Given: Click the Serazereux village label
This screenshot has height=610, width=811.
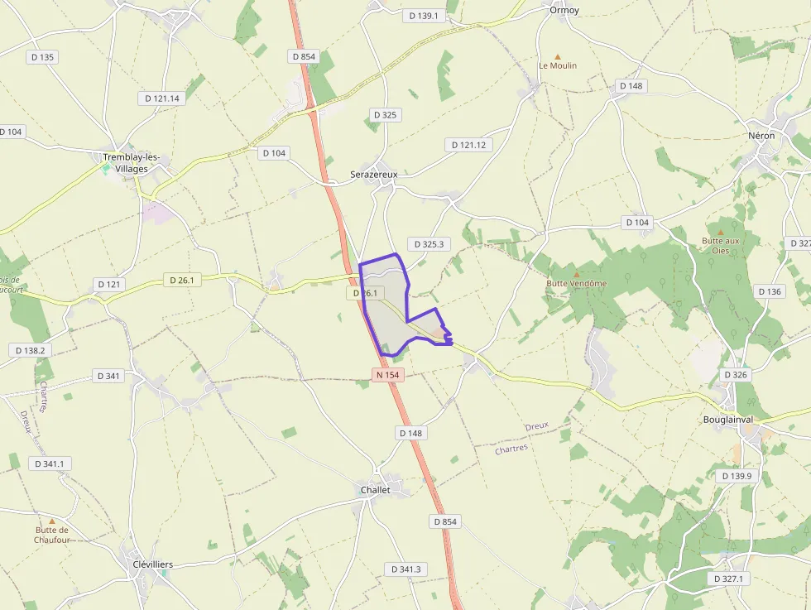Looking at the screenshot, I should [x=374, y=175].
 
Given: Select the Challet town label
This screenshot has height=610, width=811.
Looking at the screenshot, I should [x=375, y=490].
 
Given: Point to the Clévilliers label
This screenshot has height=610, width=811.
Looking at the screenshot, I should [x=153, y=564].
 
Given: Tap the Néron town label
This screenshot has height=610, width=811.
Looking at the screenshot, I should [x=761, y=135].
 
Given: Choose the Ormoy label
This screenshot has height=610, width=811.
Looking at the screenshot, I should [x=564, y=10].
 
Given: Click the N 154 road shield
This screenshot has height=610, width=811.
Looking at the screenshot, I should [x=387, y=375].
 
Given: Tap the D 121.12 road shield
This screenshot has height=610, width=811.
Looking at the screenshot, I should [x=469, y=145].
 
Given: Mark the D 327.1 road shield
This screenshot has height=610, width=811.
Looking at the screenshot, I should [x=727, y=579].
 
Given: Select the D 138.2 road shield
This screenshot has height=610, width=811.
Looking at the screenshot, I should [x=31, y=350].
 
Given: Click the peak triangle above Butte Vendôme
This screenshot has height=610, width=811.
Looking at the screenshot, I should [x=577, y=273].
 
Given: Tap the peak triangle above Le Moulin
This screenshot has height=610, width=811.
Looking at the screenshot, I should [x=558, y=55].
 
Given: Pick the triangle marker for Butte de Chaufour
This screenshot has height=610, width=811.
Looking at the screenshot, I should [x=52, y=521].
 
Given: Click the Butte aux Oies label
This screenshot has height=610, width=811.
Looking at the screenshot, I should [x=720, y=245].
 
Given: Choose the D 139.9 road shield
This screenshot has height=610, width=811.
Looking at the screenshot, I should [x=737, y=476].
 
